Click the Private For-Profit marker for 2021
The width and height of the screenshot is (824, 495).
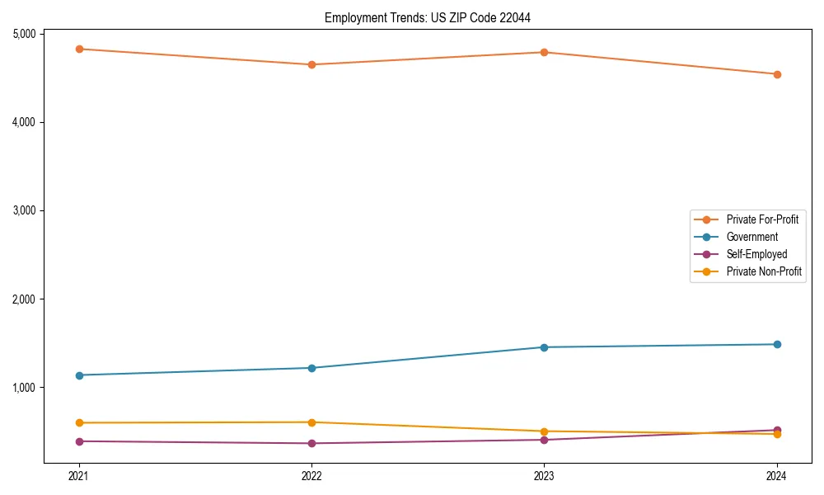[79, 49]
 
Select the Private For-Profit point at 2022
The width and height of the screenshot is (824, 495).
[311, 64]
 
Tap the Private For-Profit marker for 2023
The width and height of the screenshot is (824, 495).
[544, 52]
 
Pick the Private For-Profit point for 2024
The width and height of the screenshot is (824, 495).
[777, 74]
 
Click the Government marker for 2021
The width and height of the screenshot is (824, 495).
[79, 375]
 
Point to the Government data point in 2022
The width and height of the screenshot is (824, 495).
[311, 368]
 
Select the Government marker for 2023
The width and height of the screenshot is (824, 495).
[544, 347]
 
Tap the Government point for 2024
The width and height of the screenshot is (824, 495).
[777, 344]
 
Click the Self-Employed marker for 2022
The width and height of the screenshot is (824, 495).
[311, 443]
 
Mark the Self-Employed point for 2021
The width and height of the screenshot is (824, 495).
[79, 441]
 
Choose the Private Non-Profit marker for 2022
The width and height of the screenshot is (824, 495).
[311, 422]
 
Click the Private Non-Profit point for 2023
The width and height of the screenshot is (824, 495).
[544, 431]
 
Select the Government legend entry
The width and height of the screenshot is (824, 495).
[751, 237]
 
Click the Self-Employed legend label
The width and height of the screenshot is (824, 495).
[756, 254]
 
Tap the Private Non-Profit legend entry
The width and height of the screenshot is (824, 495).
[764, 271]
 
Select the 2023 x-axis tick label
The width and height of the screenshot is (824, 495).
[544, 476]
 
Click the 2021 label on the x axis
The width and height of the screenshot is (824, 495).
[79, 476]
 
